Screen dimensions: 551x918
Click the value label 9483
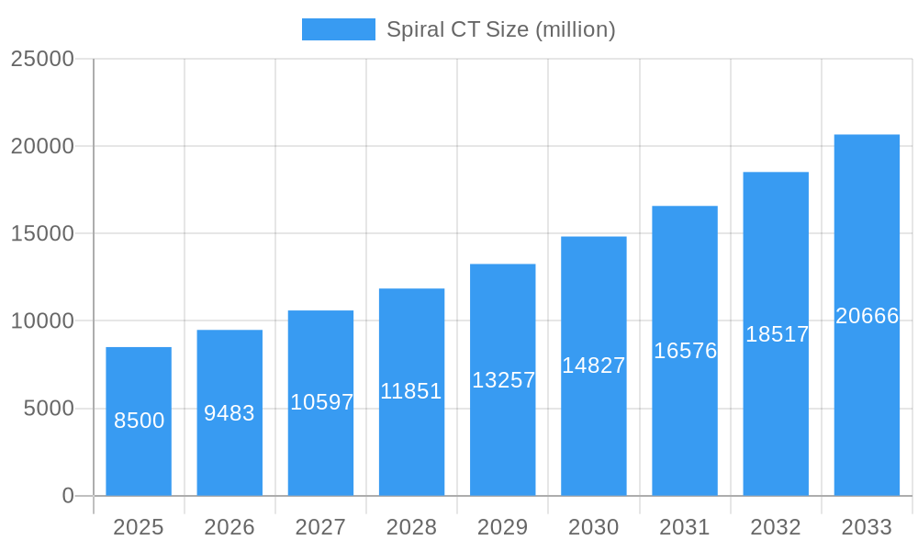click(229, 413)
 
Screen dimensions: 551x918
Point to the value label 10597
click(321, 402)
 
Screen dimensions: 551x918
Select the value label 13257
click(503, 380)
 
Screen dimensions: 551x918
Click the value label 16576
click(685, 351)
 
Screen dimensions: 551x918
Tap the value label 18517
click(777, 334)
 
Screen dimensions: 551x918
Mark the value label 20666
click(867, 316)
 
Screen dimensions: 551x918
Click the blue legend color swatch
click(339, 29)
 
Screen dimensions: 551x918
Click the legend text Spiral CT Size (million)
click(500, 29)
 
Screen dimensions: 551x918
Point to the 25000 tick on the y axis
click(42, 59)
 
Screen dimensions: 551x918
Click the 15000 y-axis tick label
click(42, 233)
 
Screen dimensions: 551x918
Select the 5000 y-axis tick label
click(49, 409)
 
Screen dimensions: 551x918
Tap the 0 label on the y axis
click(68, 496)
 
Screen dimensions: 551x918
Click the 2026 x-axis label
click(229, 527)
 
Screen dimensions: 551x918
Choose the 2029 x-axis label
click(503, 527)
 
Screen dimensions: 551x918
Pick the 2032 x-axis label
click(776, 527)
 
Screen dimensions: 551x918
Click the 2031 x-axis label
click(685, 527)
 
